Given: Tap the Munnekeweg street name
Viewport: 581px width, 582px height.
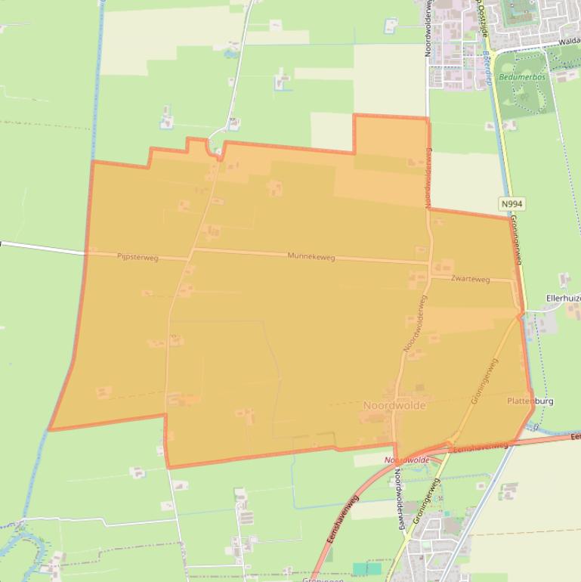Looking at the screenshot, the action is (311, 257).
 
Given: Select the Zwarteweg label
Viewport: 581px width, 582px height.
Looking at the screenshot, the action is (470, 279).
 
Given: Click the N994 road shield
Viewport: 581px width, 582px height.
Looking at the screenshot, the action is (511, 204).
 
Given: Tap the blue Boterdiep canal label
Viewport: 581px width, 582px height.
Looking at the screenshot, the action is (488, 67).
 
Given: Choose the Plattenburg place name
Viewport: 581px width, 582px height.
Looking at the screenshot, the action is (530, 401).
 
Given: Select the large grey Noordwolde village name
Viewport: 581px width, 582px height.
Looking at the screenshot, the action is (394, 406).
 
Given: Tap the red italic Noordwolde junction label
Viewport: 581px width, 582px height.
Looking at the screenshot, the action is (406, 460).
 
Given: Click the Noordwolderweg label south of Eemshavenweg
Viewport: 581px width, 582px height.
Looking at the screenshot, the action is (397, 499).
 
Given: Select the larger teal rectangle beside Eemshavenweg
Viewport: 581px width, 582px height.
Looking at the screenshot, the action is (367, 568).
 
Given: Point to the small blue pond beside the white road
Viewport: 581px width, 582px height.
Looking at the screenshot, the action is (230, 54).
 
